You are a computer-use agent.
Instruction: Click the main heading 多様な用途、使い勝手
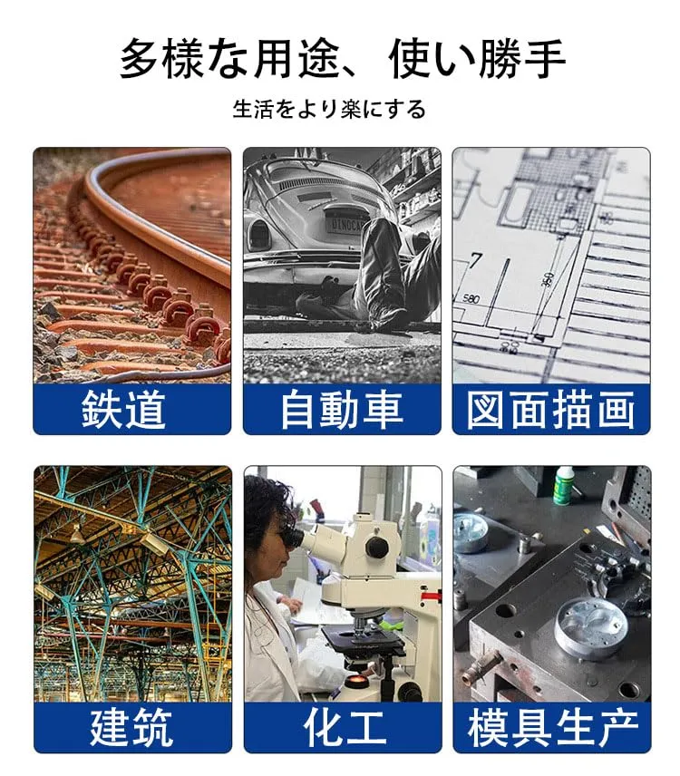click(343, 59)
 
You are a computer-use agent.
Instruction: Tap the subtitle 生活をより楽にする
click(329, 109)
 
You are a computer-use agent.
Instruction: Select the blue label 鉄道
click(123, 409)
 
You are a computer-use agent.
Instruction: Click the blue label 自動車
click(342, 409)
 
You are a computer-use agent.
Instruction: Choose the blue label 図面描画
click(551, 409)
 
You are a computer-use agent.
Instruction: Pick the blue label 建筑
click(131, 726)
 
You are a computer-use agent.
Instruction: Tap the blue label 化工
click(345, 726)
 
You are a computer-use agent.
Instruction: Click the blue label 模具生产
click(552, 726)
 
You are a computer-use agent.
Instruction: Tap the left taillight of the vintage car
click(259, 234)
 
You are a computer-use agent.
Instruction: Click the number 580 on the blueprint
click(471, 299)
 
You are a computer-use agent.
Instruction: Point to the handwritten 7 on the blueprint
click(476, 260)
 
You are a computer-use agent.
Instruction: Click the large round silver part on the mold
click(590, 626)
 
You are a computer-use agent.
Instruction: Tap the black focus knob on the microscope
click(376, 548)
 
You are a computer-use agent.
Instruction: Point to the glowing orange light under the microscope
click(355, 683)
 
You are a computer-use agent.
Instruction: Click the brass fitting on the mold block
click(481, 665)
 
